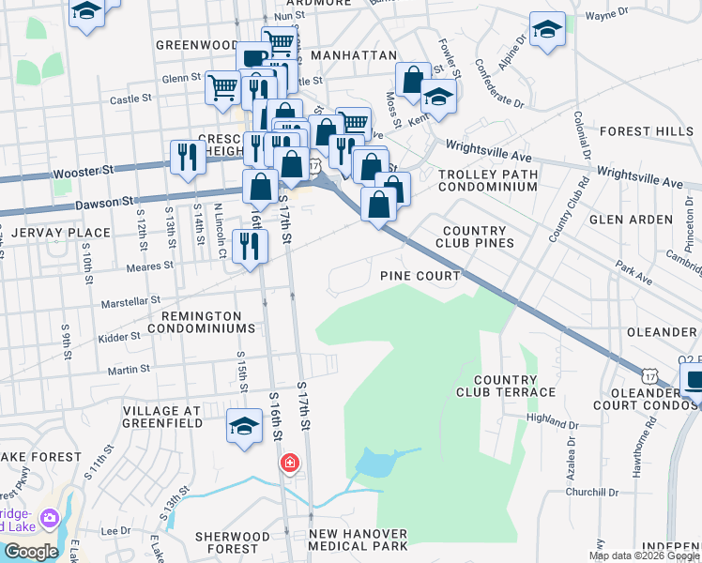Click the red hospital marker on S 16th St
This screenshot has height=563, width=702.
pyautogui.click(x=290, y=464)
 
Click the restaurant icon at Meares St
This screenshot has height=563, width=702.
pyautogui.click(x=250, y=246)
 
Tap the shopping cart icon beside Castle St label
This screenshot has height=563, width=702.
pyautogui.click(x=222, y=88)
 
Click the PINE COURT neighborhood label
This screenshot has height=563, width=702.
pyautogui.click(x=420, y=276)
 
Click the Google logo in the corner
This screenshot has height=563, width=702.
pyautogui.click(x=31, y=552)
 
